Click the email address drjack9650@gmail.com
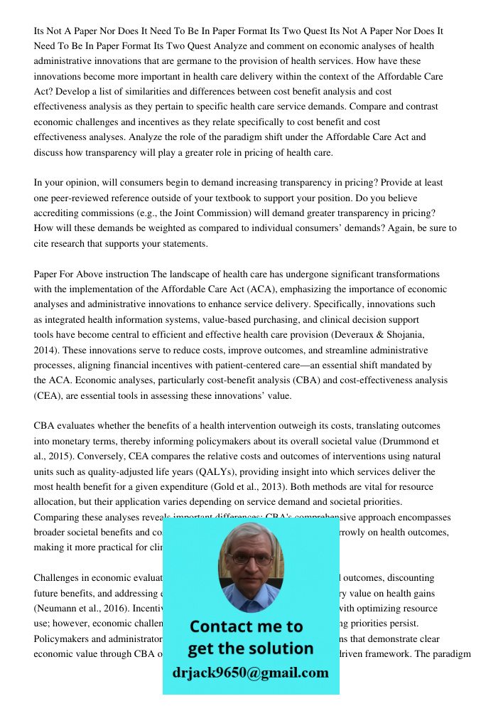coord(251,673)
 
